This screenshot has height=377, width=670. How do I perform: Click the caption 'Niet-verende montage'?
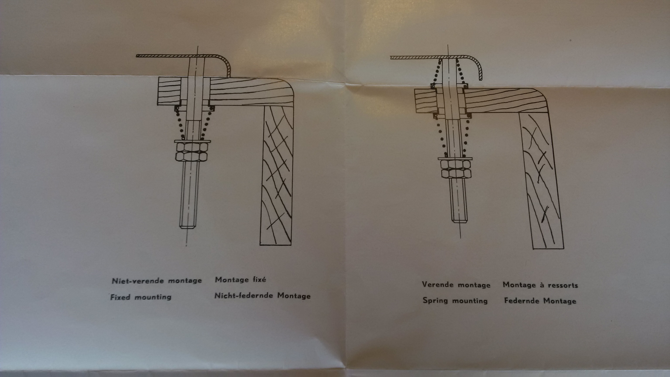[157, 281]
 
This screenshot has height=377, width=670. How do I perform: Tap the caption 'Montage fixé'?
[241, 280]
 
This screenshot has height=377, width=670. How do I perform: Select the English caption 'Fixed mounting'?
[141, 297]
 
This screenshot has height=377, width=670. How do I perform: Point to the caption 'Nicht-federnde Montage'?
[262, 296]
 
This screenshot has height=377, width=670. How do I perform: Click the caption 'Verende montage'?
[456, 285]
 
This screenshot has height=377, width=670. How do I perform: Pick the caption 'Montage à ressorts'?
[540, 285]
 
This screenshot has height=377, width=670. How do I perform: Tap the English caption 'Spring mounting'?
[455, 300]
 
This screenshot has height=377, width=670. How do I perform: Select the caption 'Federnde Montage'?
[540, 301]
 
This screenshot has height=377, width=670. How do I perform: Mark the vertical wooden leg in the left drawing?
[277, 175]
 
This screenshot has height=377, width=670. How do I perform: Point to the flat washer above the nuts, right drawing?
[455, 158]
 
